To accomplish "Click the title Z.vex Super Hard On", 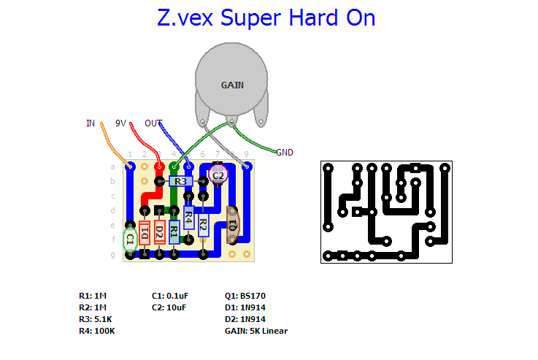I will point(266,18).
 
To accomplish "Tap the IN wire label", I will point(91,123).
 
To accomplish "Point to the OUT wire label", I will point(153,123).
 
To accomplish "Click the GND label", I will point(285,153).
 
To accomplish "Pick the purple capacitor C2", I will point(218,175).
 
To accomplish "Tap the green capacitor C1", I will point(130,239).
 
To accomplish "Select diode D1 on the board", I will point(145,232).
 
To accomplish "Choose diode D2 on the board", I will point(159,232).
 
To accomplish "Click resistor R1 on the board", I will point(174,232).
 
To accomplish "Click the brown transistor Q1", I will point(232,224).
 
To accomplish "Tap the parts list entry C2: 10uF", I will point(169,307).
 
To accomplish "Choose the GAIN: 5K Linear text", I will point(256,331).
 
